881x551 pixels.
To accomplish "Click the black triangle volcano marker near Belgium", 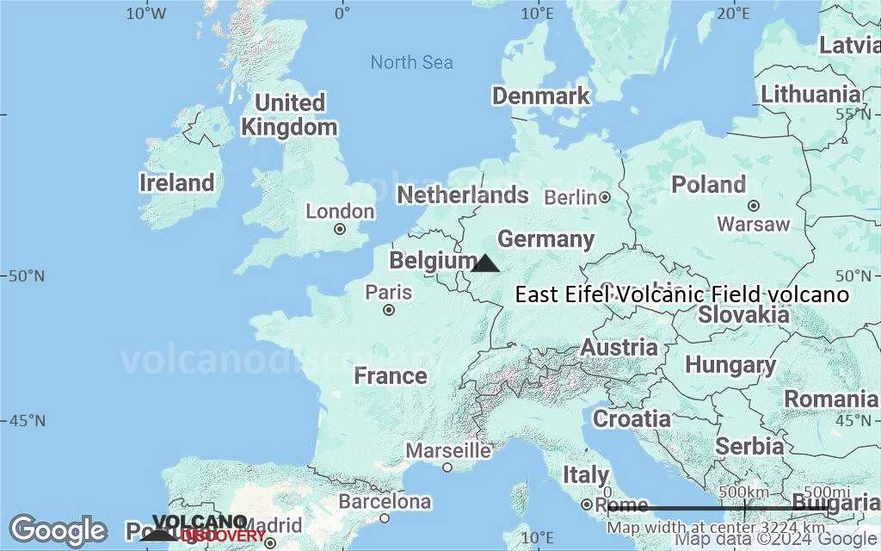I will (485, 264).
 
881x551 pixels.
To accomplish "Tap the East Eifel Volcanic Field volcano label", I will (682, 295).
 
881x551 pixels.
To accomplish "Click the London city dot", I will (340, 229).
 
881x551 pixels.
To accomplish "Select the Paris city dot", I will (389, 310).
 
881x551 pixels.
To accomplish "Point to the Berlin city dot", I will (605, 197).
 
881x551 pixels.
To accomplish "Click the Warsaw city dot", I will (754, 206).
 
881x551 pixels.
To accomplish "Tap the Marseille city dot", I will (447, 467).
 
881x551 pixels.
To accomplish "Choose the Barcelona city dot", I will (385, 517).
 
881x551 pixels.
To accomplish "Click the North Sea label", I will (411, 62).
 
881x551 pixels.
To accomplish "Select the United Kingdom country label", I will (289, 115).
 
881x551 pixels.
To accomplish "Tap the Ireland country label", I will (176, 183).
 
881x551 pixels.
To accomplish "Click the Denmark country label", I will (541, 96).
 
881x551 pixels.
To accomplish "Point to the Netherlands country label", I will (462, 195).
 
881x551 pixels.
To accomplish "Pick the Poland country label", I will (708, 184).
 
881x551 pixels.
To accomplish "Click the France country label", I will (391, 376).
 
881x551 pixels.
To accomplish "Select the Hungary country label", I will (730, 365).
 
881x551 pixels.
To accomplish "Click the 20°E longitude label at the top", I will (732, 13).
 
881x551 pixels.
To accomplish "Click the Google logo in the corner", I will (58, 530).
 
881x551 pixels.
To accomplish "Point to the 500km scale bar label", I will (743, 491).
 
